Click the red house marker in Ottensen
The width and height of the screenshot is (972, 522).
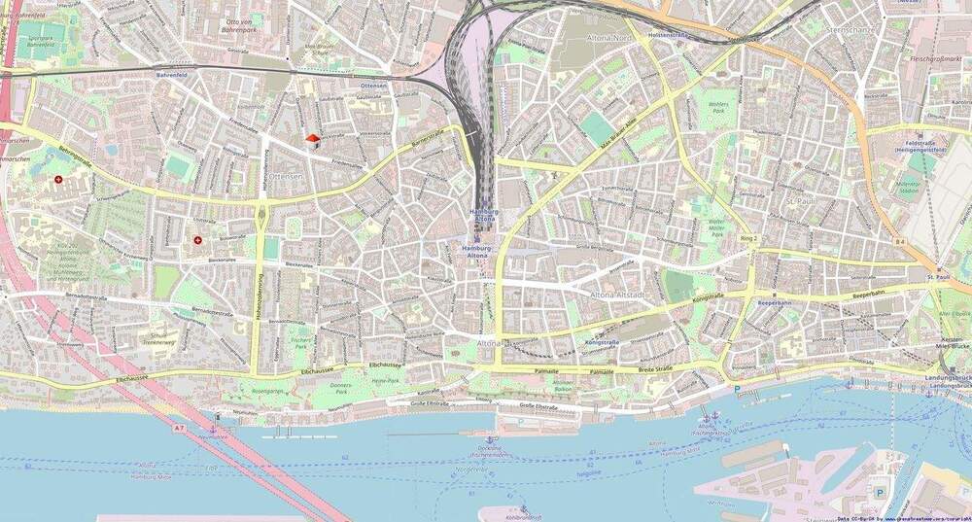(x=313, y=141)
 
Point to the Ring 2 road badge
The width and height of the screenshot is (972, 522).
(x=747, y=238)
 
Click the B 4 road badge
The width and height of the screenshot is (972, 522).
(x=900, y=240)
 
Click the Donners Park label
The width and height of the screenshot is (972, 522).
(x=341, y=389)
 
